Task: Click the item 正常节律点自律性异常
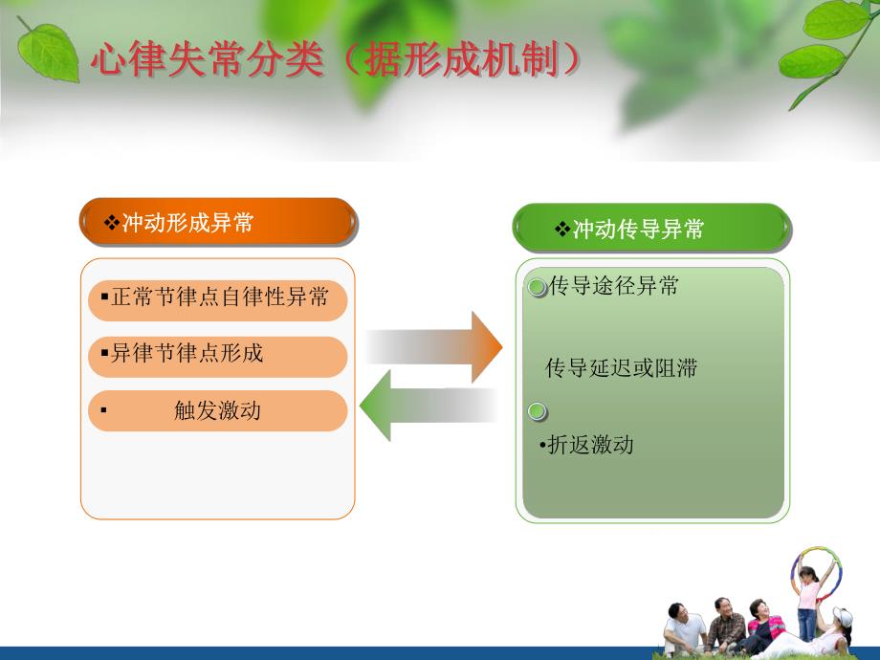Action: [218, 297]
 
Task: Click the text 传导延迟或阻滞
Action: [621, 368]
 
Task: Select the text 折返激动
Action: [589, 445]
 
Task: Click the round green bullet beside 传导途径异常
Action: [538, 286]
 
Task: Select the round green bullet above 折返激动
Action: [538, 412]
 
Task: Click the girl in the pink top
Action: [808, 598]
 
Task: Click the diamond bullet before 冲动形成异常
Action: [111, 223]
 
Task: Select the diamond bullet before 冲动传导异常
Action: [562, 230]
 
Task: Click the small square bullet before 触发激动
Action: [103, 411]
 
